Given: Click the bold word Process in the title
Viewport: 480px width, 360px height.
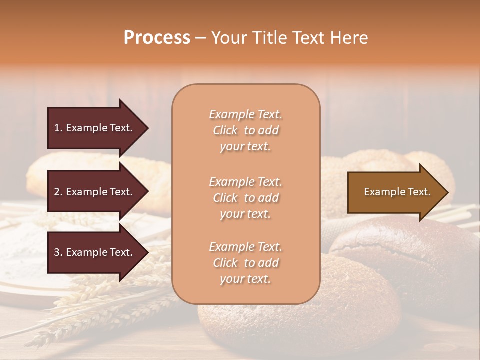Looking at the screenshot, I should click(157, 38).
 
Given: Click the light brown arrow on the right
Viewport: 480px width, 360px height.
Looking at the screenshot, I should click(395, 192).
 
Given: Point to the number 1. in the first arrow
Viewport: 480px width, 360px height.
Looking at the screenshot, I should click(58, 128).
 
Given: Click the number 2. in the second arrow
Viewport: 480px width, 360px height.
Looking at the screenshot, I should click(58, 192).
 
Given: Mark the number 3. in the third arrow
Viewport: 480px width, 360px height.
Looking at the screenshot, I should click(58, 252).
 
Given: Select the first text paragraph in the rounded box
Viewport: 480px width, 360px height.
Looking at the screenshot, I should click(245, 130).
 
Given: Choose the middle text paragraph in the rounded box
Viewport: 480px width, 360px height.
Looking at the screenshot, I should click(245, 198).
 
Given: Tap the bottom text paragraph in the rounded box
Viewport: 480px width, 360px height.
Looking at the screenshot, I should click(245, 263).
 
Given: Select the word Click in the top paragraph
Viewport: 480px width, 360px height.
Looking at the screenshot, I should click(225, 130).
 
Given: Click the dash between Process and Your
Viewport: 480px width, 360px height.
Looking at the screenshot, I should click(201, 38).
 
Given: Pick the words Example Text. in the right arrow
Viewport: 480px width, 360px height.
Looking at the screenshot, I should click(397, 192).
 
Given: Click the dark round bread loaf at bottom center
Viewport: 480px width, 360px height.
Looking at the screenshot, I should click(300, 320).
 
